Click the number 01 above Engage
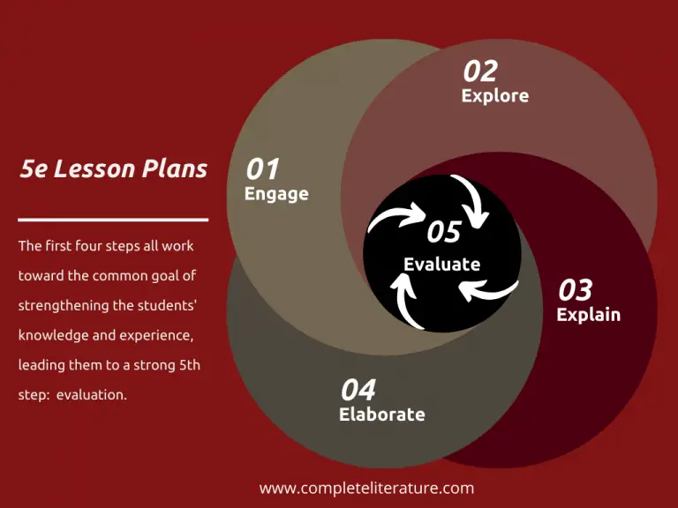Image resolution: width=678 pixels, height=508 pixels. click(x=262, y=168)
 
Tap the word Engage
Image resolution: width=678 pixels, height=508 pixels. click(x=276, y=194)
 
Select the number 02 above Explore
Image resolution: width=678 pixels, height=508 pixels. click(x=480, y=71)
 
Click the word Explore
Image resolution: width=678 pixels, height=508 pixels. click(x=494, y=95)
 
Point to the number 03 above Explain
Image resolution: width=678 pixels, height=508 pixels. click(x=575, y=289)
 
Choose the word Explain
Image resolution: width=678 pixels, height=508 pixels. click(x=588, y=314)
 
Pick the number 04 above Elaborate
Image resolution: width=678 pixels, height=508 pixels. click(x=358, y=389)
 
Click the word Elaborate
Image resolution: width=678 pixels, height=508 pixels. click(x=381, y=414)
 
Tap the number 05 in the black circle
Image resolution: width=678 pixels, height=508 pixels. click(x=444, y=232)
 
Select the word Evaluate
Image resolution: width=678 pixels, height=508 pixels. click(x=441, y=264)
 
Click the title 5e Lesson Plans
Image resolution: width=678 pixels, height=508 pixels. click(x=113, y=169)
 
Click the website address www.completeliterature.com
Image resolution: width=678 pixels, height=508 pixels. click(x=366, y=488)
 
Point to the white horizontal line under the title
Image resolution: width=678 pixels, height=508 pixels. click(x=113, y=219)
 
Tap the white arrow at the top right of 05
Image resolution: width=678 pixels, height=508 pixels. click(x=471, y=200)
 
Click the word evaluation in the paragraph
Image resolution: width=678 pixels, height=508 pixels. click(x=92, y=395)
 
